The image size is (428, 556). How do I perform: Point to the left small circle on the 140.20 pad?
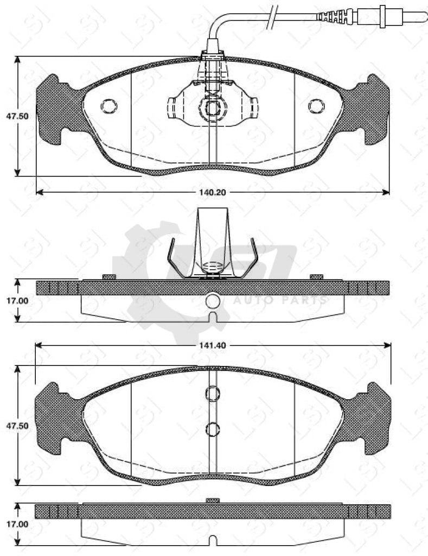(108, 106)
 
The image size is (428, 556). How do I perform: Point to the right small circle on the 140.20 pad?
(316, 106)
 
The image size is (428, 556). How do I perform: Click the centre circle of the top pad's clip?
(212, 108)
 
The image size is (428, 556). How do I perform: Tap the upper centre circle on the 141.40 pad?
(213, 393)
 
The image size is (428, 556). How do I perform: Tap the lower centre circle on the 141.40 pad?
(213, 429)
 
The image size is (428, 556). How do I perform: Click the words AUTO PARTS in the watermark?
(280, 300)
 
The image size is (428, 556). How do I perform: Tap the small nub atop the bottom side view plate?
(213, 500)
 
